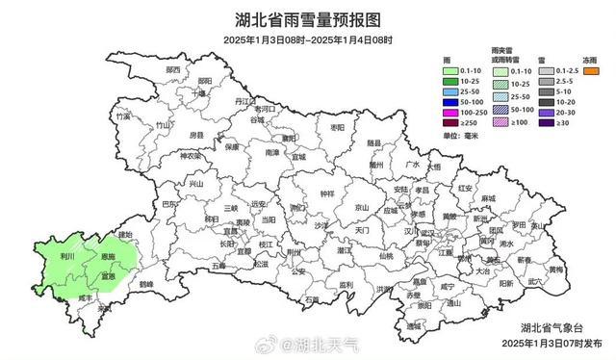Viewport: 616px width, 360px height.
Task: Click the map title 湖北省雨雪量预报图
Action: (x=308, y=17)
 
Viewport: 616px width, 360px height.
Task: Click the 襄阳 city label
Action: (x=288, y=138)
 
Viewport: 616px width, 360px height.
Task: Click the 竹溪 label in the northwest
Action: (x=122, y=116)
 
